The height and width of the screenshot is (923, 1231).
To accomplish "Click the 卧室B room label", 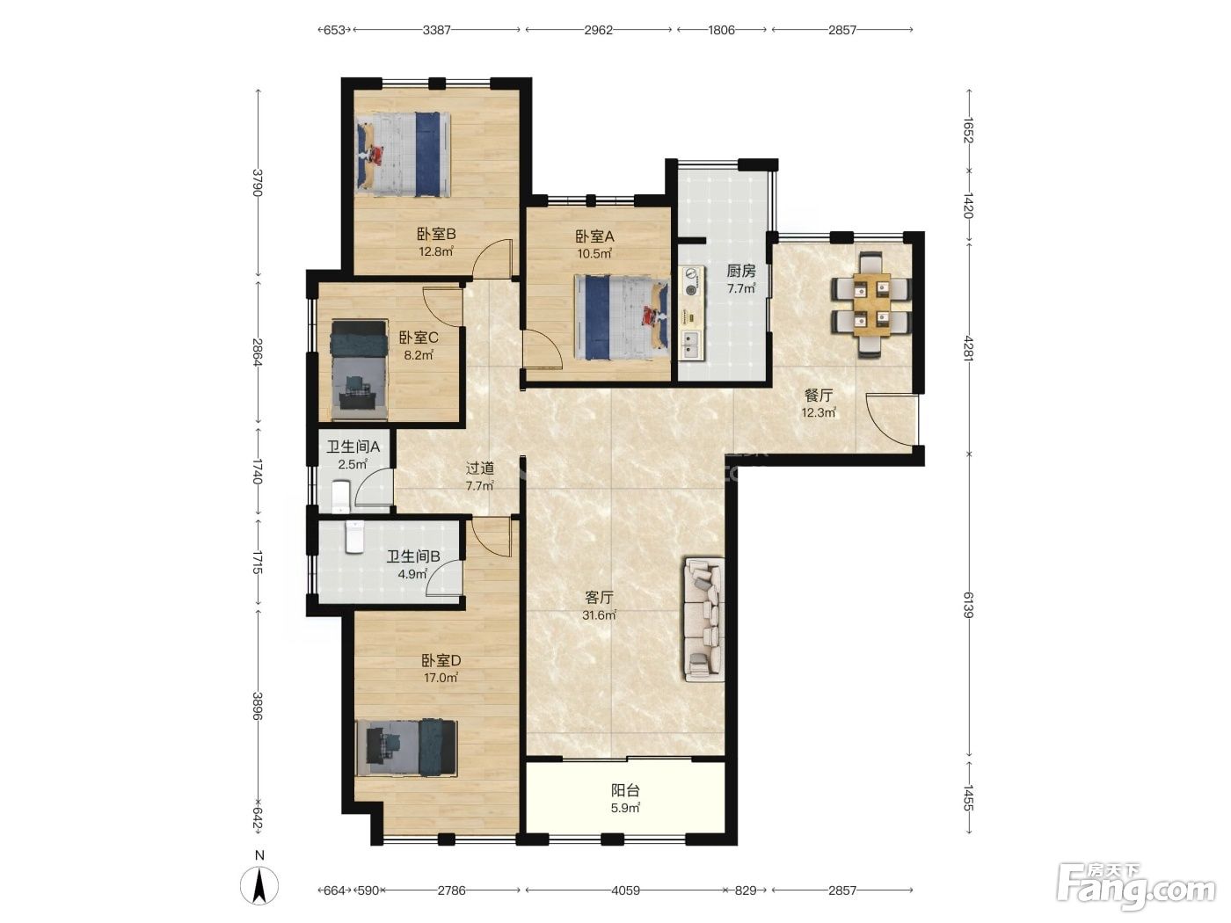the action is [436, 234].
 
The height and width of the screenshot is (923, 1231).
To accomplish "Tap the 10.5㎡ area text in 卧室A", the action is [594, 253].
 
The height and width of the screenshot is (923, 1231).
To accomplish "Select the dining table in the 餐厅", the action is [871, 304].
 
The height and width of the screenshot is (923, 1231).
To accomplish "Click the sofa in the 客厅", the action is [703, 619].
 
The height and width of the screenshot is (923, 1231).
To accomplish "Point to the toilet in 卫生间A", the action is [341, 497].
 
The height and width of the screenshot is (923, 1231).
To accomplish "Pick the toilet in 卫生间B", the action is [355, 537].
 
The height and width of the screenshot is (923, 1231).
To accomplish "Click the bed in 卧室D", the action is [406, 749].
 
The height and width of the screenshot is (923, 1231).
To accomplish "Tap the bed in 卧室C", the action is [359, 370].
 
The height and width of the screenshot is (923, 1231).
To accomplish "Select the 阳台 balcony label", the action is [625, 790].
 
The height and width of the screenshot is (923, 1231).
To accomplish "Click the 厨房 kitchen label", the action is [741, 272].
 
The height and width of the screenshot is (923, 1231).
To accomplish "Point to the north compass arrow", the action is [259, 885].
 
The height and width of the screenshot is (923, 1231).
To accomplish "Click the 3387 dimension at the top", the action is [436, 30].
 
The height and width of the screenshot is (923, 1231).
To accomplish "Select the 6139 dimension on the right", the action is [969, 605].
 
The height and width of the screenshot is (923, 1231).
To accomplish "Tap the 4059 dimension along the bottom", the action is [625, 890].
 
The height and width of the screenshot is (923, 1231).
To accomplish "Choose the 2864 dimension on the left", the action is [258, 352].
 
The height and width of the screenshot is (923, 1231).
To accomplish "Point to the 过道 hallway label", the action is [479, 468].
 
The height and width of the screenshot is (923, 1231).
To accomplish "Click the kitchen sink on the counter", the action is [690, 345].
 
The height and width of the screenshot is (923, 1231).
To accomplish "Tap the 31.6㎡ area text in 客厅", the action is [599, 615].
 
